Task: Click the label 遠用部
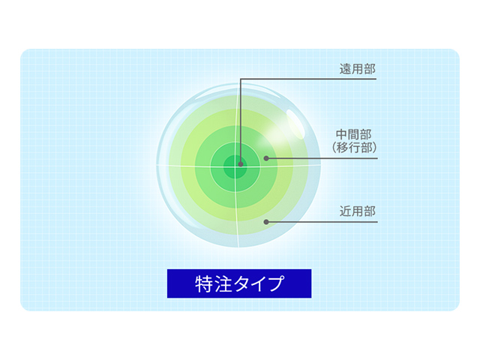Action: [x=357, y=69]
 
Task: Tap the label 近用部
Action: [x=357, y=211]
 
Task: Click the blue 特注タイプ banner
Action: [x=238, y=283]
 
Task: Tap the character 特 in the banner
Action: [x=204, y=283]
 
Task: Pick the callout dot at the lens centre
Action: [x=240, y=163]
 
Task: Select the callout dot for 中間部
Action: [x=266, y=158]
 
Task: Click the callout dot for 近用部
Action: [x=266, y=222]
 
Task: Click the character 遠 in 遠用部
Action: [x=345, y=69]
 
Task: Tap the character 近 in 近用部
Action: [x=345, y=211]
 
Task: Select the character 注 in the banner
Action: [x=222, y=283]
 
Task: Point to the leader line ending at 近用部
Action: [x=322, y=222]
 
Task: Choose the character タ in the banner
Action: [x=240, y=283]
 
